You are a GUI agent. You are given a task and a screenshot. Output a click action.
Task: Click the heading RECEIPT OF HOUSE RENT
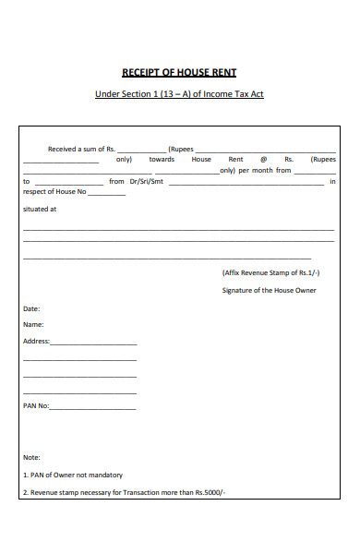[x=180, y=72]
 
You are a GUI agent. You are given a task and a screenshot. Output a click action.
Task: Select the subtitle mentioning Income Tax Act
[x=180, y=95]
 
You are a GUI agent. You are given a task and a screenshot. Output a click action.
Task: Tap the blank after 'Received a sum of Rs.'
[x=141, y=150]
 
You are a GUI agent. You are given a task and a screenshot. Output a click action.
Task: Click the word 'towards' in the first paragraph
[x=162, y=159]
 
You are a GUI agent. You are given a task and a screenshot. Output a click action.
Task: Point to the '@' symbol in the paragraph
[x=263, y=159]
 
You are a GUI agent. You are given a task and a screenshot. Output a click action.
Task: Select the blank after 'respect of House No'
[x=107, y=194]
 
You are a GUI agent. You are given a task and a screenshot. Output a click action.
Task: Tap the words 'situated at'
[x=40, y=210]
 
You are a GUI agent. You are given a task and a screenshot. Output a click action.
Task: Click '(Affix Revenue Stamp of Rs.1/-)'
[x=270, y=273]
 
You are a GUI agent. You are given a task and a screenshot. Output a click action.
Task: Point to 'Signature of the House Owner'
[x=270, y=290]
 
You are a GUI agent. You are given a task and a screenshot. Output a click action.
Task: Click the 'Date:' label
[x=31, y=308]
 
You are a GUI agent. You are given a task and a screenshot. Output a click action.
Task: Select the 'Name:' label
[x=33, y=325]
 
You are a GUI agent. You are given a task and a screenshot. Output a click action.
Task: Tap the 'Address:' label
[x=35, y=342]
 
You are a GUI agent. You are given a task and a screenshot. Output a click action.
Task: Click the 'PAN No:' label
[x=36, y=406]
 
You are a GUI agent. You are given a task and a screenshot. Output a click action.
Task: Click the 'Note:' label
[x=32, y=457]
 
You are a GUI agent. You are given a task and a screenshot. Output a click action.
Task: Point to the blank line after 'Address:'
[x=93, y=343]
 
